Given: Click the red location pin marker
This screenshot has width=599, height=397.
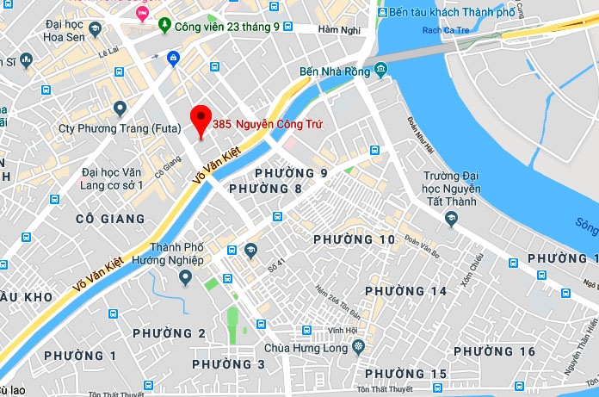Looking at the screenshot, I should tap(201, 120).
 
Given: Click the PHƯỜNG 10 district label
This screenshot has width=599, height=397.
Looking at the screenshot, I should tap(354, 239).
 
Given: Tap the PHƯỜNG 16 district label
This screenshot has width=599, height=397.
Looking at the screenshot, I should tap(494, 351).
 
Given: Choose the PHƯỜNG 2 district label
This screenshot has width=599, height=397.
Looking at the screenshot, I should tap(168, 333).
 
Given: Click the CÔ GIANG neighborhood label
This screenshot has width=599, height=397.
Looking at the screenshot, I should tap(110, 219).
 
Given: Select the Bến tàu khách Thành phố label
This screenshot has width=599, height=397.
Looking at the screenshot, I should tap(450, 13).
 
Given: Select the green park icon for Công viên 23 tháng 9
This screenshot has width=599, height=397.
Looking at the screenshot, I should tap(164, 27).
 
